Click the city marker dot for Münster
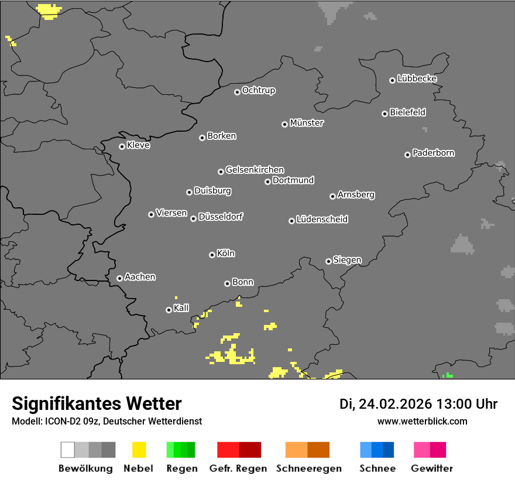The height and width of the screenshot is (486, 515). point(284,124)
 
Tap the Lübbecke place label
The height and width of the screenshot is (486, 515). point(417,78)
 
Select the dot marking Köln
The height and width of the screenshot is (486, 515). point(212,255)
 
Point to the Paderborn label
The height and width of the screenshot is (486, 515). point(433,153)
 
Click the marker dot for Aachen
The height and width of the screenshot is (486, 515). point(119,278)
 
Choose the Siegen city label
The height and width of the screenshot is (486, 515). point(347,260)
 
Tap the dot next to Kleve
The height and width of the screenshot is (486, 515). point(122,146)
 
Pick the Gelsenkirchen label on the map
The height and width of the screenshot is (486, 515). point(255,170)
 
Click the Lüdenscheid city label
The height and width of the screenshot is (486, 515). point(322,220)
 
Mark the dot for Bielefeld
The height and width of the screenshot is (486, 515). point(384,114)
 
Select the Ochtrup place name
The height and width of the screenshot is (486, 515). point(258,90)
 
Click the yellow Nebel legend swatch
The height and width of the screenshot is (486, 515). point(139,450)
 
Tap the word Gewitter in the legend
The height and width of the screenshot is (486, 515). point(431,468)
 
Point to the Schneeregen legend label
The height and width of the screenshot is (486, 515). point(309,468)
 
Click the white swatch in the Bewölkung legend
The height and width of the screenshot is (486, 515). point(67,450)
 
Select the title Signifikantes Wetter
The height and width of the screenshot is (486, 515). point(97,403)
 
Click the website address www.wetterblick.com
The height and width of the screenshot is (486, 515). point(422,421)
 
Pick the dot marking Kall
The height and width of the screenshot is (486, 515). point(169,310)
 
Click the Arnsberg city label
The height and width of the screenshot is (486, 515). point(356,195)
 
